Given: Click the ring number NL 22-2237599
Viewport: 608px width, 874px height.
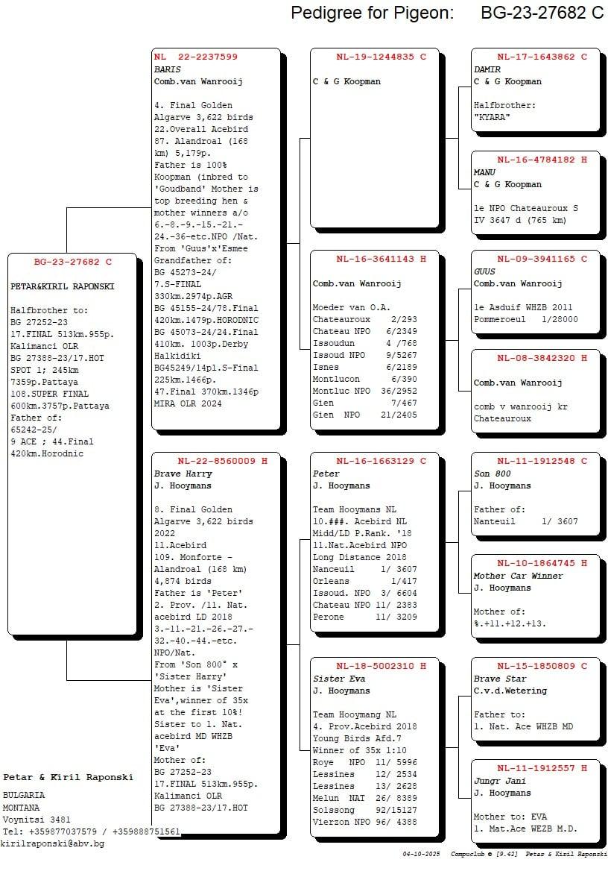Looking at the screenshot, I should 196,57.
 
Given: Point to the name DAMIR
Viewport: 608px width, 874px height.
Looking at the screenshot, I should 487,69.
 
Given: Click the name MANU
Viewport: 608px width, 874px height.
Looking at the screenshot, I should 484,172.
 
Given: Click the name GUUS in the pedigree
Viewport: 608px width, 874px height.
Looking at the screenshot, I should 484,271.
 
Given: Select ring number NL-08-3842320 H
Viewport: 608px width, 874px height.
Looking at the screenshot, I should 542,358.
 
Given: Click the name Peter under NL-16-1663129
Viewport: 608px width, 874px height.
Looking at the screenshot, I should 326,474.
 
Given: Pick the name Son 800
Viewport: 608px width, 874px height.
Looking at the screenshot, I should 493,474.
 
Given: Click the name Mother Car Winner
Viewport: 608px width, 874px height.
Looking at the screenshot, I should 518,576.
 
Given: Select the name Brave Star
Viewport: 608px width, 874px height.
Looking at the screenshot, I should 499,679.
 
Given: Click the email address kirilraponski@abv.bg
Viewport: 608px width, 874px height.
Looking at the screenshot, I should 53,843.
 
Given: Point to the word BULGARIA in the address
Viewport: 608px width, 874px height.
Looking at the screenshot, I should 24,795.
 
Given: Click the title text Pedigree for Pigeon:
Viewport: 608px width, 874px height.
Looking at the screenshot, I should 372,13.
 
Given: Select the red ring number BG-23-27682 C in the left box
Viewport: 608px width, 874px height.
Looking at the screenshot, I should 72,262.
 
